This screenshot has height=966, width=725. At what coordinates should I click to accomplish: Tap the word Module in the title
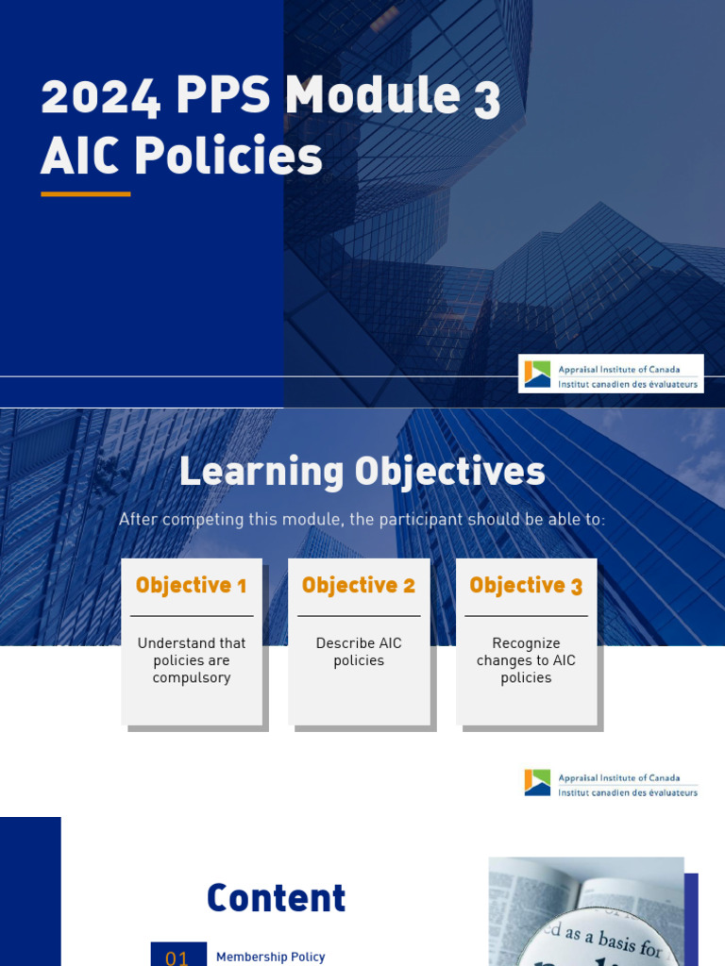[360, 96]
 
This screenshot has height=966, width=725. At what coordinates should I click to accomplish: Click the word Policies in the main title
[228, 157]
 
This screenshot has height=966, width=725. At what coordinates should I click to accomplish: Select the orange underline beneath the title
[85, 193]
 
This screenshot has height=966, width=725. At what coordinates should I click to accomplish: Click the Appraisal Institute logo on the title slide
[611, 374]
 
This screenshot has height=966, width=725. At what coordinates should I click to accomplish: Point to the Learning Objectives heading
[362, 472]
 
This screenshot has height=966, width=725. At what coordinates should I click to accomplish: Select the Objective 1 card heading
[191, 586]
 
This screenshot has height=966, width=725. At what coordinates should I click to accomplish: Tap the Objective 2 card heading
[359, 586]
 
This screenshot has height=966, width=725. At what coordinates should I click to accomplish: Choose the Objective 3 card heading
[526, 586]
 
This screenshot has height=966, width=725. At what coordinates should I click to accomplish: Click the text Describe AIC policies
[359, 652]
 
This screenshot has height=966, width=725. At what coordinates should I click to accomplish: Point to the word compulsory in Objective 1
[192, 678]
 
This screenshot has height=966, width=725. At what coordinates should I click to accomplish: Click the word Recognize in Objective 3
[526, 643]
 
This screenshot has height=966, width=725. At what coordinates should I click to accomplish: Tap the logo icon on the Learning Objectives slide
[537, 783]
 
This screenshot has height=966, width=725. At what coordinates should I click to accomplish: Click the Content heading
[276, 899]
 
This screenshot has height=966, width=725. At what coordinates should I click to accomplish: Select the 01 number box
[177, 956]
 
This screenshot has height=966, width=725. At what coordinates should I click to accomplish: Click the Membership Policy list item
[270, 957]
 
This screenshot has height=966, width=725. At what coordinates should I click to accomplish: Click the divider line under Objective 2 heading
[359, 616]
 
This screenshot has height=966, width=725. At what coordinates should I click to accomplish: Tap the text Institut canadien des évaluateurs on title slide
[628, 385]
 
